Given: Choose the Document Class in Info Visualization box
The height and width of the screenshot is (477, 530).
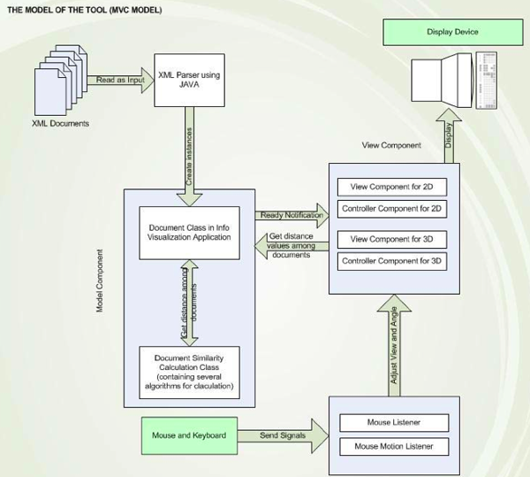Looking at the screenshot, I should click(189, 232).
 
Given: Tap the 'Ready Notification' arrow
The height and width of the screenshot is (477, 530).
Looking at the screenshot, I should click(291, 215).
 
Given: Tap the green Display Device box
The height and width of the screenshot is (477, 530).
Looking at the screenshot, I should click(451, 32).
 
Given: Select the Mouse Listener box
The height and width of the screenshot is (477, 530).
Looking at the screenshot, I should click(394, 422).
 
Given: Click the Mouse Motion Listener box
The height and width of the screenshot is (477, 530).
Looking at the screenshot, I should click(394, 446).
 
